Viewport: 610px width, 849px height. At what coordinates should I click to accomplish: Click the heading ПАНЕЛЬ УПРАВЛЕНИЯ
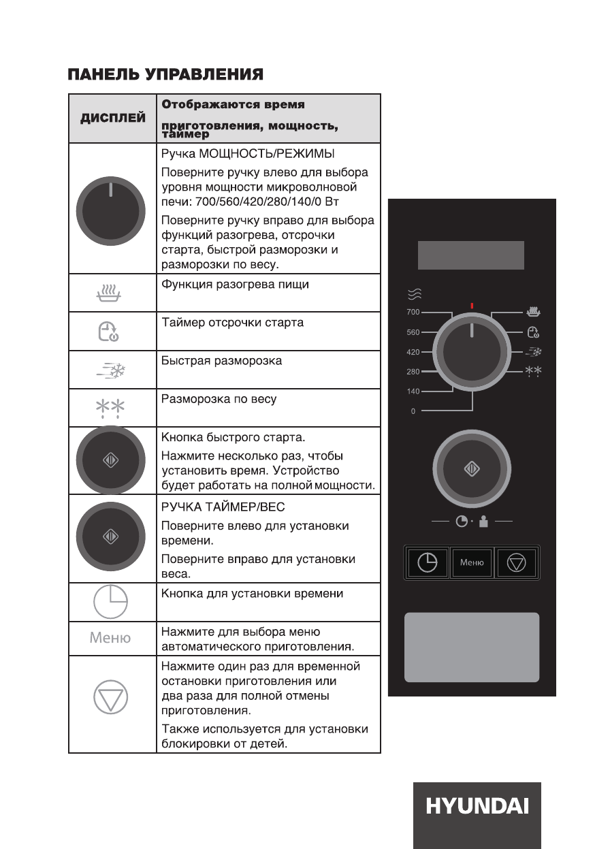pos(165,74)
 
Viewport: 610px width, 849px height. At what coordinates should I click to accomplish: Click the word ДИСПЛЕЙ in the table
pos(113,118)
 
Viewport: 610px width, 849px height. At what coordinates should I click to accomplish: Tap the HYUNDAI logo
pos(477,807)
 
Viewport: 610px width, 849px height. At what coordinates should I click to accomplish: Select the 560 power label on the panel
pos(413,332)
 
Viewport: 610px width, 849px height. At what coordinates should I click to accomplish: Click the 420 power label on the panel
pos(413,352)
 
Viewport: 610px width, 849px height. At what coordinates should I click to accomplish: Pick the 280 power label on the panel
pos(413,372)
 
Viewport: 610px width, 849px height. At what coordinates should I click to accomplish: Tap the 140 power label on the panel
pos(413,391)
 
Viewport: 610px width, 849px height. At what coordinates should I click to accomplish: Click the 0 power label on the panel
pos(413,411)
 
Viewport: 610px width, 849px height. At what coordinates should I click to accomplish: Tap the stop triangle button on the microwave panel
pos(517,563)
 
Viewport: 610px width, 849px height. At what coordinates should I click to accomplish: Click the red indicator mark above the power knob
pos(472,306)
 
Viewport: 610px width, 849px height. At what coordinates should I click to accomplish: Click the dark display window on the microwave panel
pos(471,255)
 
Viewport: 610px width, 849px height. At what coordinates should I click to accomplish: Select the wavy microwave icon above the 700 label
pos(414,293)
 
